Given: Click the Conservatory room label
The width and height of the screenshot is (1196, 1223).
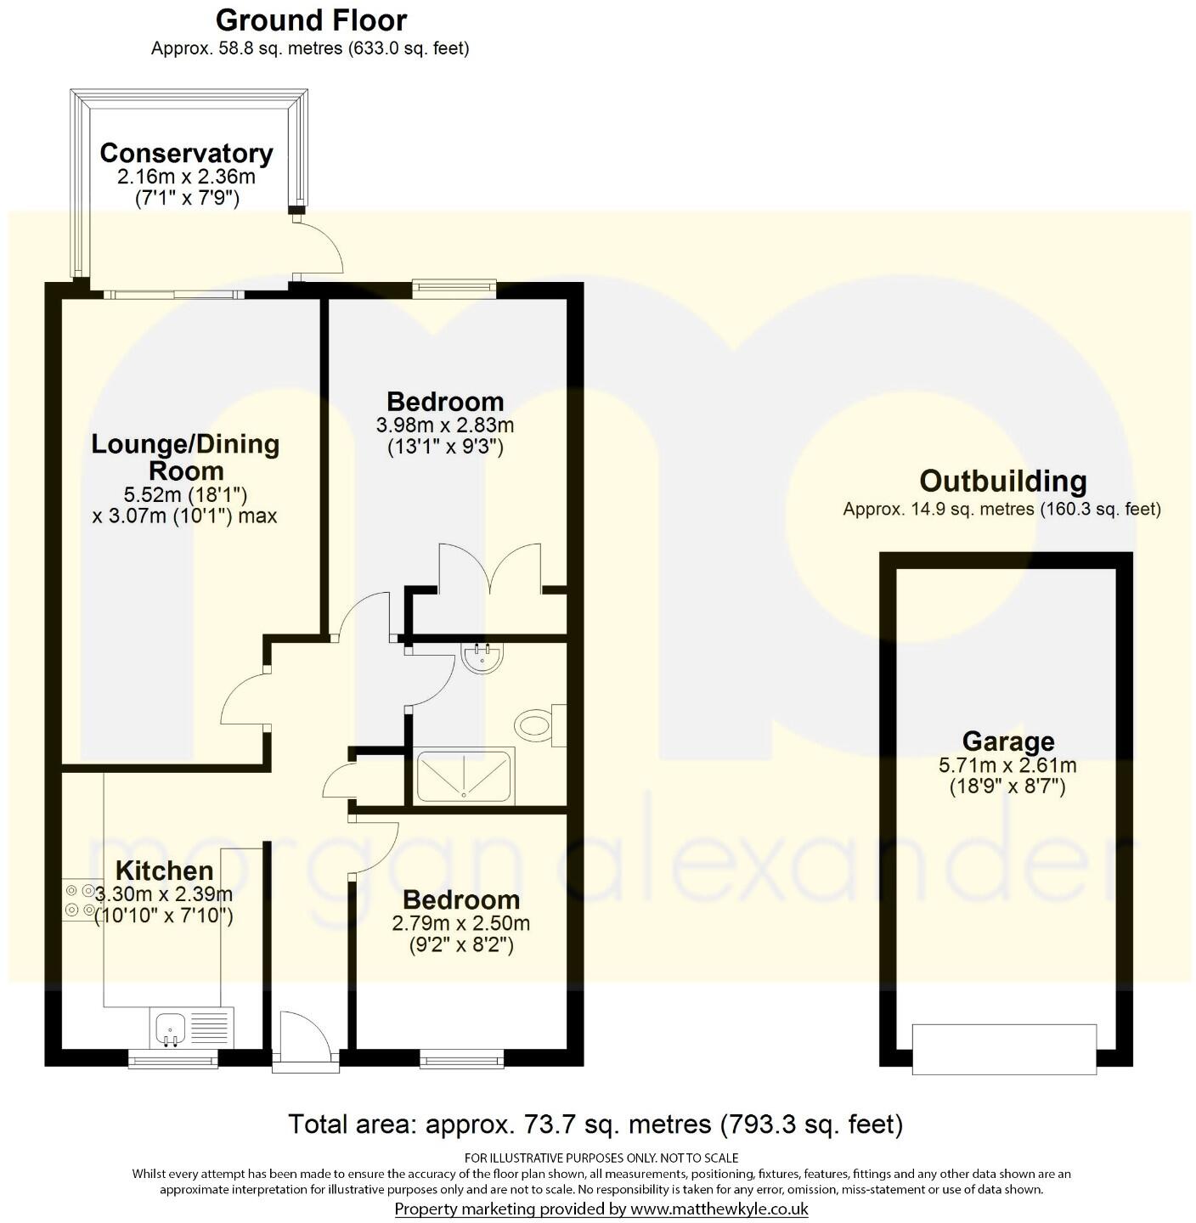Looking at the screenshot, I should click(186, 154).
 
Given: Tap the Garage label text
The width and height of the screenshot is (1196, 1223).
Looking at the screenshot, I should click(1007, 741).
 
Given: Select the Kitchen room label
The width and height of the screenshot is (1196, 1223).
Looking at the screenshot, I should click(164, 871).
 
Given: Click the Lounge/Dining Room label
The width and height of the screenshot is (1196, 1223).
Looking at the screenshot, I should click(185, 457).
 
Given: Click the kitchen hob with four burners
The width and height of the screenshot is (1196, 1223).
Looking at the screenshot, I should click(78, 900).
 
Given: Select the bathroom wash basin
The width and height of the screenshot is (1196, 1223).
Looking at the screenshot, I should click(482, 656).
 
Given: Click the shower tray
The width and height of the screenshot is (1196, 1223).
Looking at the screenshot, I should click(463, 776).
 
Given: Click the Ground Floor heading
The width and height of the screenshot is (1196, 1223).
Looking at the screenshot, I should click(311, 20).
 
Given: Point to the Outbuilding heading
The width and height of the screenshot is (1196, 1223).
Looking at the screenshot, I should click(1002, 482).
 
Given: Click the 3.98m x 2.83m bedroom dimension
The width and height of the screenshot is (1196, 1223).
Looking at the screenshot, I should click(445, 425).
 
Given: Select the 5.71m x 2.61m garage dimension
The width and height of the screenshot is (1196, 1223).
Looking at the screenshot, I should click(1007, 765).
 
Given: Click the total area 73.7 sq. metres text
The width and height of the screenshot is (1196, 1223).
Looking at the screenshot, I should click(595, 1124).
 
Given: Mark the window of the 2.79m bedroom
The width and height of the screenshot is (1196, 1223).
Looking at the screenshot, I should click(461, 1058).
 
